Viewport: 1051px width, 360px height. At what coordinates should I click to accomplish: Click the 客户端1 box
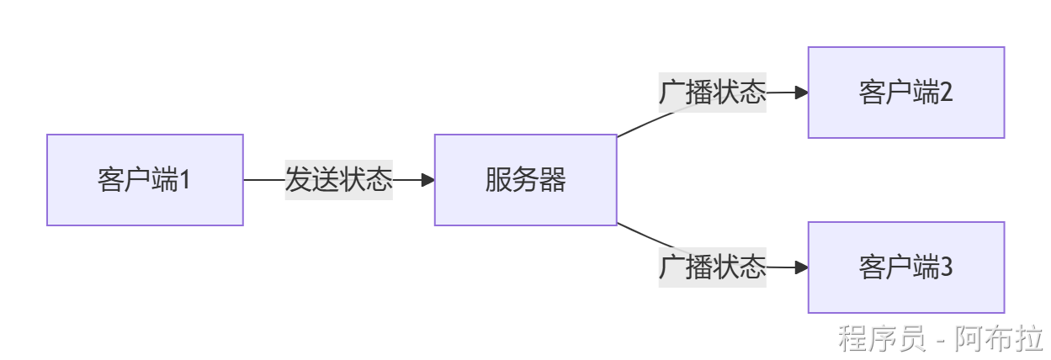tap(145, 180)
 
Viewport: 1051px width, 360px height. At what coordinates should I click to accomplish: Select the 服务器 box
tap(525, 180)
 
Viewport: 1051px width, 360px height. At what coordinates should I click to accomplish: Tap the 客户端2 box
tap(906, 93)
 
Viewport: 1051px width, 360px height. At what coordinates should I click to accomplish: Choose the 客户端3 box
tap(906, 267)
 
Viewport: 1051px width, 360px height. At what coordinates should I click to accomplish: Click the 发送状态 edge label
tap(339, 180)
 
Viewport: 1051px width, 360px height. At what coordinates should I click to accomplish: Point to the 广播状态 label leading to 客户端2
tap(712, 93)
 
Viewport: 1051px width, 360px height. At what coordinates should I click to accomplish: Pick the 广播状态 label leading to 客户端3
tap(712, 267)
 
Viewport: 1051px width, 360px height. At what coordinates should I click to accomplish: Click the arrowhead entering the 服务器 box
tap(427, 180)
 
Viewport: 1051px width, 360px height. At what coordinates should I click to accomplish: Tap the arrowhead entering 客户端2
tap(801, 93)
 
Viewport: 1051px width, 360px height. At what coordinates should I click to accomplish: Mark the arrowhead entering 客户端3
tap(801, 267)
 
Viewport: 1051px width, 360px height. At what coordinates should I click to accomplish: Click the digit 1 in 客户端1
tap(185, 180)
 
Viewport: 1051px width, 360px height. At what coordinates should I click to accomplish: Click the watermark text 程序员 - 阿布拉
tap(939, 338)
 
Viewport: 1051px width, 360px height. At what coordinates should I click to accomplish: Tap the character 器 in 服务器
tap(552, 180)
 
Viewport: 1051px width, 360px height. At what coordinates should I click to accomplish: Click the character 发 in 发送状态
tap(299, 180)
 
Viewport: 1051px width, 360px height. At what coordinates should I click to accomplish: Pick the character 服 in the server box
tap(498, 180)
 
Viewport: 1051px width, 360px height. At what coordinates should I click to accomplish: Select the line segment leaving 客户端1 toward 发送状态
tap(263, 180)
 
